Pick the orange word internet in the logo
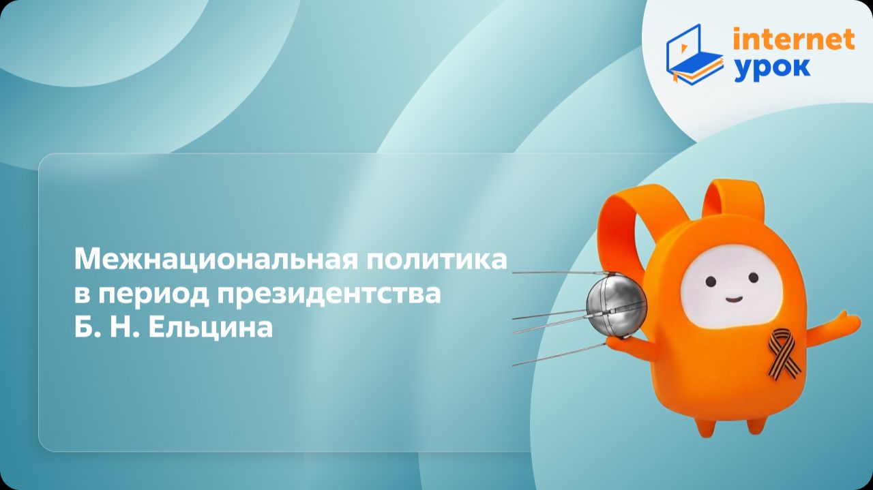(793, 40)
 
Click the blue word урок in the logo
(772, 67)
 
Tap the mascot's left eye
(710, 281)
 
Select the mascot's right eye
(752, 277)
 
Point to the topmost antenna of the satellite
(552, 273)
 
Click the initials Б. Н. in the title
(104, 328)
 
